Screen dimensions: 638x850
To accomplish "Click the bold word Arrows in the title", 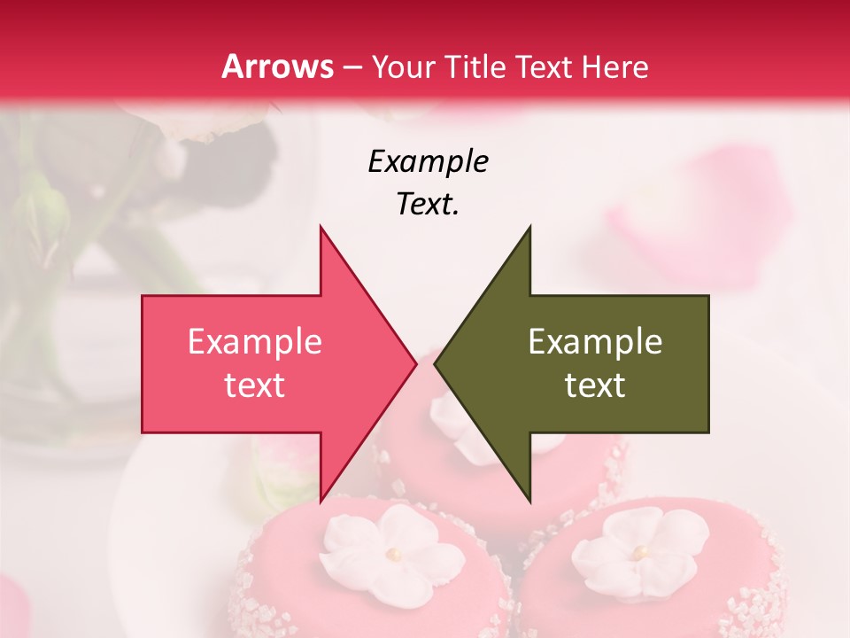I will (278, 66).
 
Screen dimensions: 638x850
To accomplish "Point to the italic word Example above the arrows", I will (428, 161).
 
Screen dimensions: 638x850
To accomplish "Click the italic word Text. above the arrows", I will (428, 204).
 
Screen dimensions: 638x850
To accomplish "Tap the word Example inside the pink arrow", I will (255, 342).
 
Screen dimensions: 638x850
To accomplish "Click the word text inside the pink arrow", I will (255, 385).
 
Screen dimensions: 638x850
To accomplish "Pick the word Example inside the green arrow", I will (595, 342).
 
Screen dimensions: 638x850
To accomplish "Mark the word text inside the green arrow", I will (595, 385).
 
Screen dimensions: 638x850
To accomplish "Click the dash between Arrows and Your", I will (353, 68).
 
